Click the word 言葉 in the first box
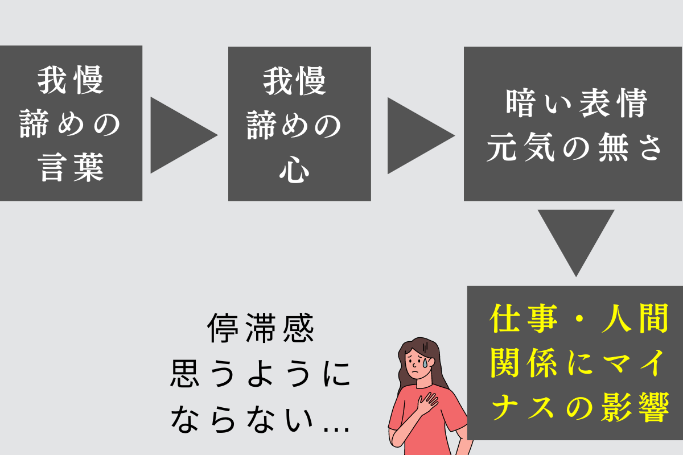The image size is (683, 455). coord(71,168)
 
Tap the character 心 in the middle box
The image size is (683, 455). coord(294,169)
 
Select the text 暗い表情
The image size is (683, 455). coord(576,103)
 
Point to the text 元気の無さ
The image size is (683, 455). coord(574,147)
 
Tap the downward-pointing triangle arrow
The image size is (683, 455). coord(576,238)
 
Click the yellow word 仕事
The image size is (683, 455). coord(524,318)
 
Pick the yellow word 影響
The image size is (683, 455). coord(635,407)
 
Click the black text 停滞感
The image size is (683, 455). coord(261,328)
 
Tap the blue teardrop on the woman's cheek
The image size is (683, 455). coord(425,363)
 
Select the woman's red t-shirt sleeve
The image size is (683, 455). coord(396,411)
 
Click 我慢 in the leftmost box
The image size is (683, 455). coord(71,80)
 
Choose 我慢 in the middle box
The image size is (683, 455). coord(295,81)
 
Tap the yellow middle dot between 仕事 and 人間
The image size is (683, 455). coord(579,318)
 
